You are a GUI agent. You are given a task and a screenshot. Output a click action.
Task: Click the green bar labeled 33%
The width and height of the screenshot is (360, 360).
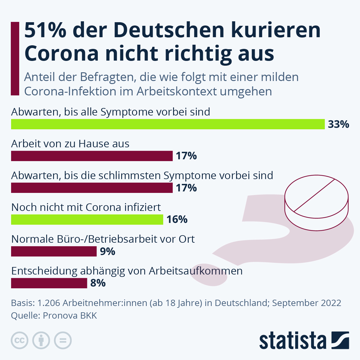click(x=168, y=124)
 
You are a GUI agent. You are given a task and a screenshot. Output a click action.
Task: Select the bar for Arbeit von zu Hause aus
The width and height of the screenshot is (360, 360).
click(x=92, y=156)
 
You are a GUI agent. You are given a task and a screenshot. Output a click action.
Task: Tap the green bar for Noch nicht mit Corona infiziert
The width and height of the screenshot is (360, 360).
click(x=87, y=220)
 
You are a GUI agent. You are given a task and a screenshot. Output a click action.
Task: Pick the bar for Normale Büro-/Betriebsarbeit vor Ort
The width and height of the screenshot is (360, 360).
click(x=54, y=251)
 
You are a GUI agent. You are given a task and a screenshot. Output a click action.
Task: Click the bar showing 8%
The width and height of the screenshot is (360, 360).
click(x=49, y=283)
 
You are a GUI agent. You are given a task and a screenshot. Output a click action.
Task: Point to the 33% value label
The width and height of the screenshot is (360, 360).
click(x=338, y=124)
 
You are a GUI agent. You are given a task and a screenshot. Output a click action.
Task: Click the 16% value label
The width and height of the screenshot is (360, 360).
click(x=177, y=220)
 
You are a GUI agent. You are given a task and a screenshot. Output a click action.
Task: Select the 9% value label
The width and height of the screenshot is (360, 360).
click(x=107, y=251)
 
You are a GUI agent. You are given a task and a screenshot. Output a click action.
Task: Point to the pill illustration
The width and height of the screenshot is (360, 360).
click(x=316, y=204)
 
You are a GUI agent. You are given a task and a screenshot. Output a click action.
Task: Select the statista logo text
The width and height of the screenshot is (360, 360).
click(x=292, y=341)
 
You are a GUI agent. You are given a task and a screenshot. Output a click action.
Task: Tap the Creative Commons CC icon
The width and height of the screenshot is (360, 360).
click(x=19, y=340)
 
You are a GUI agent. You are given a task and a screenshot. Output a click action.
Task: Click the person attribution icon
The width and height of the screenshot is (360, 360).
click(x=41, y=340)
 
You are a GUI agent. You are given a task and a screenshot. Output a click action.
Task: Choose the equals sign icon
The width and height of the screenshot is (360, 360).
click(x=63, y=340)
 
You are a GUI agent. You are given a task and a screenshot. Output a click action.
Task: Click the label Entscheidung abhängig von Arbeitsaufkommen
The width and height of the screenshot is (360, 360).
click(x=127, y=271)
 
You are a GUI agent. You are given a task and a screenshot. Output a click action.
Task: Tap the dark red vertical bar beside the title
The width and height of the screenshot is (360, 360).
click(x=15, y=58)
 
